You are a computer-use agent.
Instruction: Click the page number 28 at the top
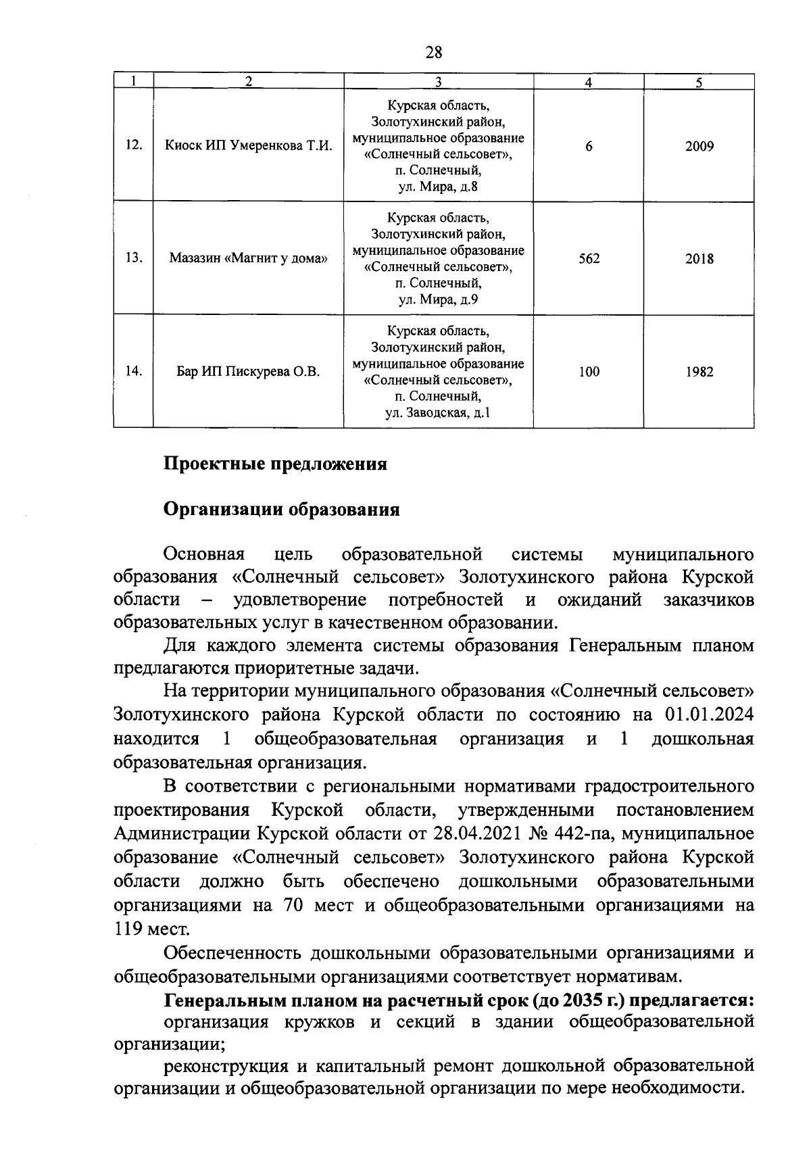point(434,52)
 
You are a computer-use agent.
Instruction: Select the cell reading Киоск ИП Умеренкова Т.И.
point(249,145)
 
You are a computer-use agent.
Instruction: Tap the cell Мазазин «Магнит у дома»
point(249,258)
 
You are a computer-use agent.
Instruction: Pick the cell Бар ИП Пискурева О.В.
point(249,371)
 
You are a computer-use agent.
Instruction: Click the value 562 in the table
point(589,258)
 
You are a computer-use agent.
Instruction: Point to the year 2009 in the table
point(699,145)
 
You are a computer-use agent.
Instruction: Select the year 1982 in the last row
point(699,371)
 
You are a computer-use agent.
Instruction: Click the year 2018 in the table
point(699,258)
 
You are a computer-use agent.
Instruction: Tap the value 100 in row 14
point(589,371)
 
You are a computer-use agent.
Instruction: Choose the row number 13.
point(134,258)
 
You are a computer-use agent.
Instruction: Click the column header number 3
point(438,82)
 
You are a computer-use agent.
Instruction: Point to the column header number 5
point(699,82)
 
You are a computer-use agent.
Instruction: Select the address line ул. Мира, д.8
point(438,187)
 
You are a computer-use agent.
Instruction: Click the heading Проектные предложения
point(275,464)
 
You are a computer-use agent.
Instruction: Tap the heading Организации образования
point(282,510)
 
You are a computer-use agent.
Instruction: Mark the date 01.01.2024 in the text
point(709,714)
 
